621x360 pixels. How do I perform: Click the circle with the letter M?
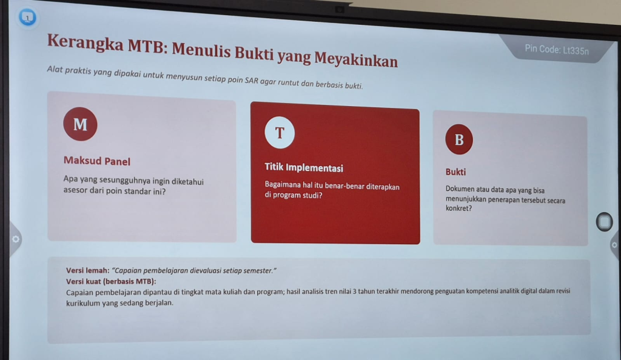coord(80,124)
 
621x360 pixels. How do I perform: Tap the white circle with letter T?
coord(280,133)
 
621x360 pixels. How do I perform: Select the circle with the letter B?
coord(459,139)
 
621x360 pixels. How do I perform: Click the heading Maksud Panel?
coord(97,161)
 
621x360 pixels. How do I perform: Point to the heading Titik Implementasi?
coord(304,168)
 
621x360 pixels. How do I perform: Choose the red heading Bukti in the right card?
coord(455,172)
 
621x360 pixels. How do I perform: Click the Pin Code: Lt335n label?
coord(557,50)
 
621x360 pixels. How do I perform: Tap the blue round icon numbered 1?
coord(27,18)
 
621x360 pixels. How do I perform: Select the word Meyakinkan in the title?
coord(356,60)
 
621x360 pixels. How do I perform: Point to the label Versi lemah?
coord(87,270)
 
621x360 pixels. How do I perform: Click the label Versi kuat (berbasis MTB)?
coord(111,282)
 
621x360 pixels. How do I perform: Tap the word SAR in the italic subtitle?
coord(252,81)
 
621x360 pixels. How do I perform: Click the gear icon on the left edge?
coord(15,239)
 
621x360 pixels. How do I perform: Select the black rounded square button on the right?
coord(605,222)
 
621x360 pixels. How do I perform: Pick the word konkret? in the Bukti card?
coord(458,208)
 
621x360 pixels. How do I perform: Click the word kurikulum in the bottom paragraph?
coord(82,303)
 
